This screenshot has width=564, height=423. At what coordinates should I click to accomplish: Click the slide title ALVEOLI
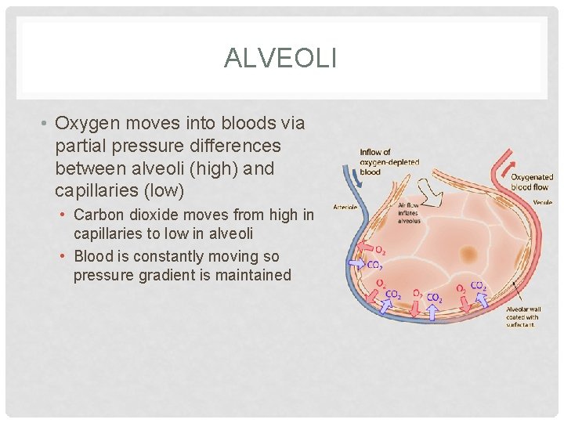click(x=280, y=58)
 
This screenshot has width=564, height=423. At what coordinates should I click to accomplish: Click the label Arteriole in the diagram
click(x=345, y=208)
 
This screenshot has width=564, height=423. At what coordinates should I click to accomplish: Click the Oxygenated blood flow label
click(x=532, y=182)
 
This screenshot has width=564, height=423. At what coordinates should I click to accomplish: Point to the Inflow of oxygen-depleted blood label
click(x=389, y=162)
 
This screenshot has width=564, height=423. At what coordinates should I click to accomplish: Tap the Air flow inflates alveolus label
click(x=408, y=213)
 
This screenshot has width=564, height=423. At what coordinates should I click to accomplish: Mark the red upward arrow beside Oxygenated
click(x=496, y=168)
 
